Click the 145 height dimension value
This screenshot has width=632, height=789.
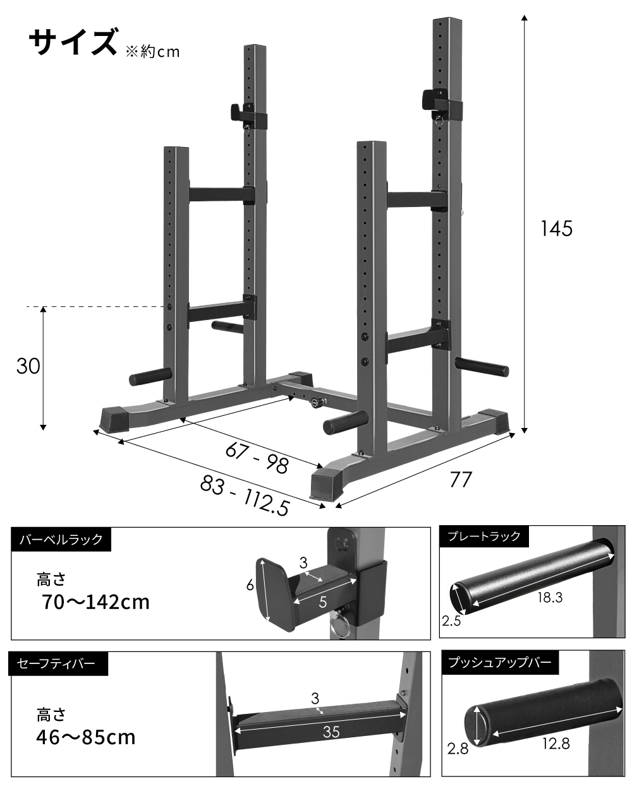coord(556,228)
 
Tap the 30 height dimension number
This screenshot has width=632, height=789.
coord(28,366)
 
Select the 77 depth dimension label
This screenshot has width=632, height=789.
coord(461,479)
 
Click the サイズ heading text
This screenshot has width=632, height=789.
coord(73,43)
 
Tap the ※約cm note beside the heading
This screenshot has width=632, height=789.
coord(153,52)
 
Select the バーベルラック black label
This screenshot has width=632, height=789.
coord(61,539)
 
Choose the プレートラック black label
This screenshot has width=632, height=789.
coord(484,536)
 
